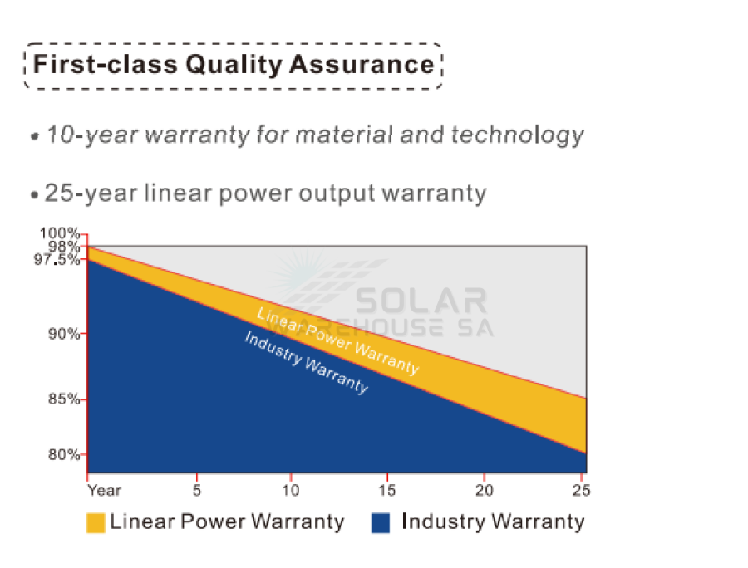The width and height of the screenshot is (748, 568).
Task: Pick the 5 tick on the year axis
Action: tap(196, 491)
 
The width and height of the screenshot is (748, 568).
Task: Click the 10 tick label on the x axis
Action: tap(290, 491)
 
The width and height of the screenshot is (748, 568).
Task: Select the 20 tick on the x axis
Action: tap(485, 491)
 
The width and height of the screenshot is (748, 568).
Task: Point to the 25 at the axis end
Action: tap(581, 491)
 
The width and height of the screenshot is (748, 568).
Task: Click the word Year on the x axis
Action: tap(104, 491)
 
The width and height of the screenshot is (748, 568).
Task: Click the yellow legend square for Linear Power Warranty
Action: tap(96, 523)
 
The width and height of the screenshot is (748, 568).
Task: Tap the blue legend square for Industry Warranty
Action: tap(381, 523)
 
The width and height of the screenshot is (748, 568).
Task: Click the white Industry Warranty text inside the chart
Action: tap(306, 363)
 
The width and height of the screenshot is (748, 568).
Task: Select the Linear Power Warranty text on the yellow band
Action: tap(337, 340)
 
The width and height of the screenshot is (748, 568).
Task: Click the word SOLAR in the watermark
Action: tap(421, 301)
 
